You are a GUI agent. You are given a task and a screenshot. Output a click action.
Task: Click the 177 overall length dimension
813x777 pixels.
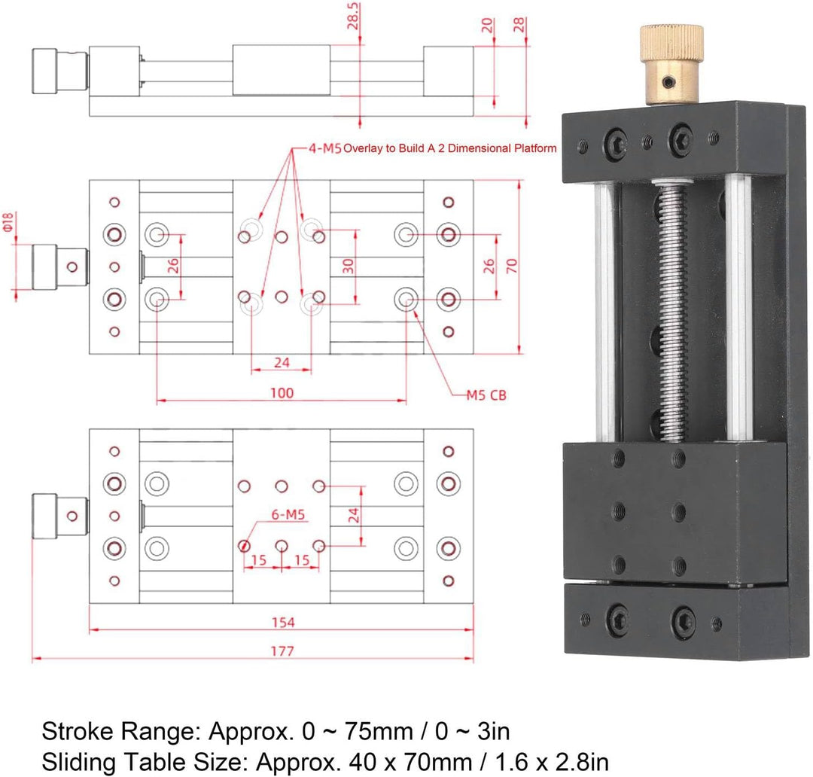(x=282, y=651)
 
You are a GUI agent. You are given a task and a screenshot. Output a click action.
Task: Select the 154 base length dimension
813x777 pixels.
(x=282, y=623)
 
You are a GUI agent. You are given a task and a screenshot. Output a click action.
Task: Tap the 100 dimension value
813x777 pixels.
(x=282, y=393)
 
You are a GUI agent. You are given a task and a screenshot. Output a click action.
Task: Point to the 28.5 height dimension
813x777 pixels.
(x=353, y=16)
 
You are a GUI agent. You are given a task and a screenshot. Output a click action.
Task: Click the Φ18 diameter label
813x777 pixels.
(x=8, y=221)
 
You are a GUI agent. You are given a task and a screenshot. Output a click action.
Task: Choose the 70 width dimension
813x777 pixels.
(x=512, y=266)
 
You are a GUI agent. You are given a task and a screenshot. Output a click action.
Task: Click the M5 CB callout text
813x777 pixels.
(x=486, y=395)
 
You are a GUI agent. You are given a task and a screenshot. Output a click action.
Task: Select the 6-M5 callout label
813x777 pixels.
(x=288, y=514)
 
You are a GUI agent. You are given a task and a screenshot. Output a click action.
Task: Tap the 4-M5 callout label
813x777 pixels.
(x=325, y=148)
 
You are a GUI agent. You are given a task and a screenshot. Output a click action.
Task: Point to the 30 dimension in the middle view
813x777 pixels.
(x=349, y=266)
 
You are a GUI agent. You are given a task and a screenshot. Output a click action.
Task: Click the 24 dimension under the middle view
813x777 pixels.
(x=282, y=363)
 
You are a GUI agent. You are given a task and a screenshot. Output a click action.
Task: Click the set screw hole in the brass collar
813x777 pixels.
(x=670, y=81)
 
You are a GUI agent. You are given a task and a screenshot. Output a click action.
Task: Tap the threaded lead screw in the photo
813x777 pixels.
(x=671, y=311)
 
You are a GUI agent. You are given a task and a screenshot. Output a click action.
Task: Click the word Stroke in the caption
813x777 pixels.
(x=78, y=731)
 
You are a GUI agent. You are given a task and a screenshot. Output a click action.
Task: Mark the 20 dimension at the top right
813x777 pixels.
(x=488, y=25)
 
